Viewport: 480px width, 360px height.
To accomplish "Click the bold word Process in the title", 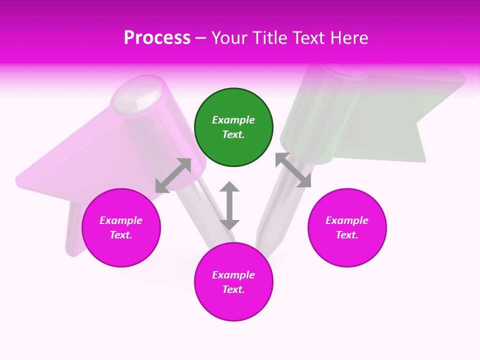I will [x=157, y=37].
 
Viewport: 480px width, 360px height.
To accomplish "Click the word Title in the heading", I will [x=269, y=37].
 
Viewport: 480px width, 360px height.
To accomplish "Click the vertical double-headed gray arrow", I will [x=229, y=205].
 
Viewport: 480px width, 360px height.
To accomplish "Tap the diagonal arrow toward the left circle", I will [x=173, y=175].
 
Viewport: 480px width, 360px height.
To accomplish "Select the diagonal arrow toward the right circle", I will [x=293, y=170].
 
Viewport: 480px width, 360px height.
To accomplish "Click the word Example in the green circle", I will [x=233, y=120].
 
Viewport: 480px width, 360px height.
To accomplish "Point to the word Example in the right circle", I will [x=347, y=220].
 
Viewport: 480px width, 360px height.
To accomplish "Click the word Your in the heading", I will [x=228, y=37].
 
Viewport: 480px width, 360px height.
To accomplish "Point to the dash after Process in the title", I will [x=200, y=38].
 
